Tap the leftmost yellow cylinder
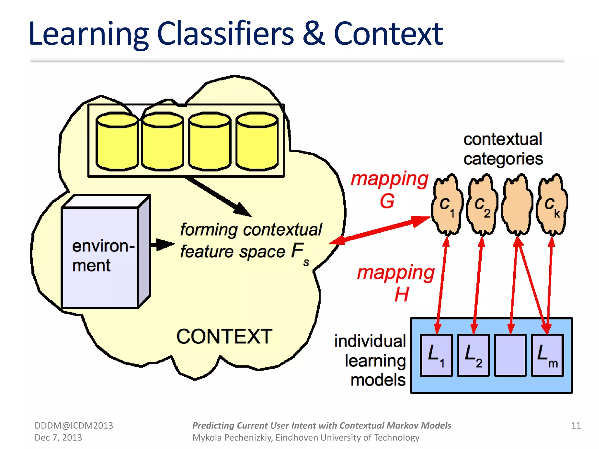coord(117,142)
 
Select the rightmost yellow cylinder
coord(257,142)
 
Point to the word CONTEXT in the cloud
coord(224,336)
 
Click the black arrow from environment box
coord(162,244)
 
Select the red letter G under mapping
coord(387,201)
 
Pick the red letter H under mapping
coord(401,294)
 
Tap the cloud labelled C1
coord(447,205)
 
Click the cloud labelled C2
coord(482,205)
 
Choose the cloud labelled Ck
coord(552,205)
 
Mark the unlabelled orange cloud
coord(517,205)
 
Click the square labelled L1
coord(436,355)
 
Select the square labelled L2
coord(473,355)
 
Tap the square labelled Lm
coord(547,355)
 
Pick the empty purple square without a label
coord(510,355)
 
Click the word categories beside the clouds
coord(503,159)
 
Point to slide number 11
coord(576,425)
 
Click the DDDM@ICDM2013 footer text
coord(74,425)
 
